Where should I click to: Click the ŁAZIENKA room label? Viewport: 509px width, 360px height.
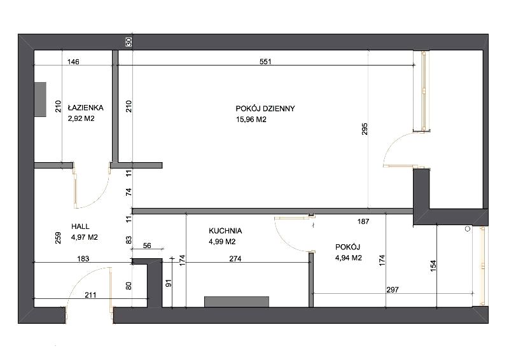[x=85, y=107]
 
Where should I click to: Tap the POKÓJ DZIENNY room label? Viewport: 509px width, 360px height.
[x=265, y=108]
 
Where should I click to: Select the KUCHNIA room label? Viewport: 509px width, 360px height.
[x=225, y=231]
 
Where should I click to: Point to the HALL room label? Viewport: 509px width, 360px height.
[x=80, y=226]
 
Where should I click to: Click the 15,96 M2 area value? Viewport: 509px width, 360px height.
[x=251, y=120]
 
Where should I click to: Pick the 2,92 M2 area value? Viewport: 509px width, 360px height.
[x=81, y=118]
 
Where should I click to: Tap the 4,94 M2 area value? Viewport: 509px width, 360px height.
[x=348, y=258]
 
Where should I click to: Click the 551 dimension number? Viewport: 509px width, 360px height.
[x=265, y=61]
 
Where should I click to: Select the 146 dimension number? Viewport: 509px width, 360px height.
[x=73, y=62]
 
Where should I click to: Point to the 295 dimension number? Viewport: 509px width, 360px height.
[x=365, y=129]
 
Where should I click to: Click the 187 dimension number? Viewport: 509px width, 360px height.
[x=363, y=221]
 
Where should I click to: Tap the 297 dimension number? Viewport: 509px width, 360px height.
[x=393, y=289]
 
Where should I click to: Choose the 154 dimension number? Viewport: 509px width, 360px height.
[x=433, y=266]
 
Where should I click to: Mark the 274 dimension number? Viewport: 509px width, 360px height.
[x=235, y=259]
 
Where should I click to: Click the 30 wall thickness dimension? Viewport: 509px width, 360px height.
[x=129, y=42]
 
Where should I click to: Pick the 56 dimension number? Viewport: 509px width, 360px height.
[x=147, y=246]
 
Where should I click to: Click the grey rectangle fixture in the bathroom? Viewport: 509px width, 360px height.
[x=40, y=99]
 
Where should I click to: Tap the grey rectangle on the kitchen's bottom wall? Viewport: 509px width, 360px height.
[x=237, y=301]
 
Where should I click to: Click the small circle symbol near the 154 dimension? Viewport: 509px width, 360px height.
[x=468, y=229]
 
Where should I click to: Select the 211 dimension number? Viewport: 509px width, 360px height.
[x=90, y=294]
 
